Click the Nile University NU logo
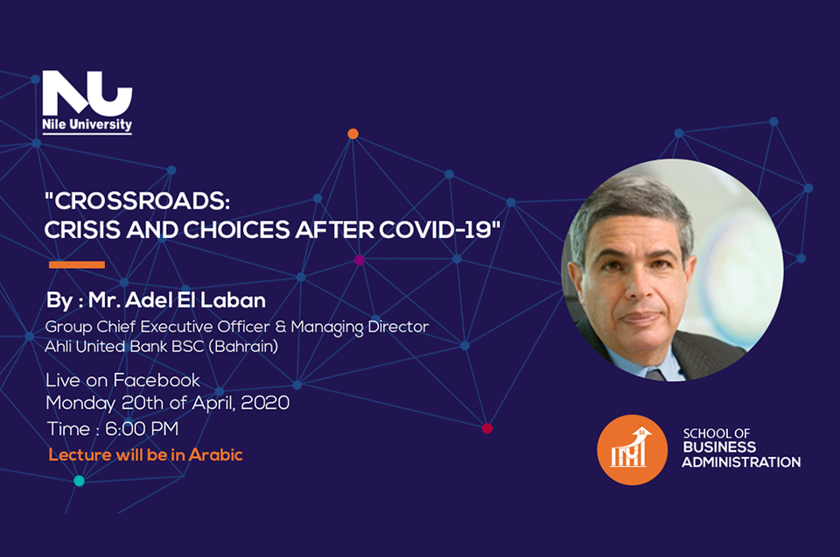pyautogui.click(x=87, y=102)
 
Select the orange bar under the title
pyautogui.click(x=77, y=264)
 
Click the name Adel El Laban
pyautogui.click(x=195, y=300)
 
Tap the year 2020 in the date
pyautogui.click(x=265, y=403)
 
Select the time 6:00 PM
pyautogui.click(x=142, y=429)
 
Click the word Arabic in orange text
pyautogui.click(x=216, y=455)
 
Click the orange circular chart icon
pyautogui.click(x=632, y=450)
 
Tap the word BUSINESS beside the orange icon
pyautogui.click(x=719, y=448)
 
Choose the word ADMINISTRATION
pyautogui.click(x=741, y=462)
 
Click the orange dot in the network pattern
pyautogui.click(x=353, y=133)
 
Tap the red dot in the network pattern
pyautogui.click(x=487, y=428)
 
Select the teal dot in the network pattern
pyautogui.click(x=79, y=481)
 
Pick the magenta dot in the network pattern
pyautogui.click(x=360, y=260)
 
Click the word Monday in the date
pyautogui.click(x=80, y=403)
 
